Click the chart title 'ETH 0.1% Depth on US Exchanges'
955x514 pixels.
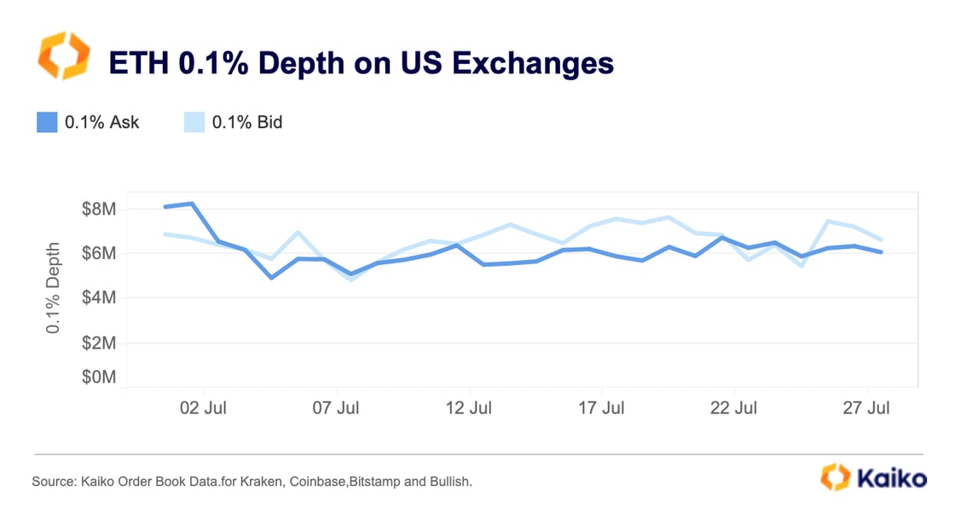click(359, 63)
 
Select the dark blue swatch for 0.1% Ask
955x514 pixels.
click(46, 122)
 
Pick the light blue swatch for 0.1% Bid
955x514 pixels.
click(194, 122)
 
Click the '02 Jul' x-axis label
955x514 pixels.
click(204, 408)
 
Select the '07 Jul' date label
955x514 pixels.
click(336, 408)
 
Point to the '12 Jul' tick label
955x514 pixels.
click(469, 408)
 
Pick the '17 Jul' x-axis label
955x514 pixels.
click(601, 408)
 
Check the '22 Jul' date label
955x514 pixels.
click(733, 408)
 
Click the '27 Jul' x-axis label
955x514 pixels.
click(866, 408)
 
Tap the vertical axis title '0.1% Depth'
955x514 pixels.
click(54, 287)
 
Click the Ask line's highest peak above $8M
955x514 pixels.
click(192, 204)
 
